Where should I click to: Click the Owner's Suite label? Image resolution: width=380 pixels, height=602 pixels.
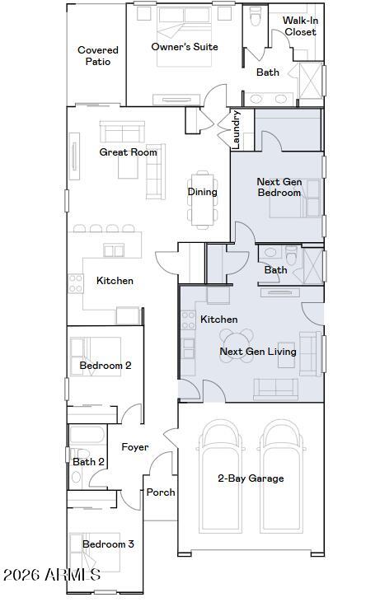185,47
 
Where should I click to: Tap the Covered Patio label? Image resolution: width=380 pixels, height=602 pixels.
98,56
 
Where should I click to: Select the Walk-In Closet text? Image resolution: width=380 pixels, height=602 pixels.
301,26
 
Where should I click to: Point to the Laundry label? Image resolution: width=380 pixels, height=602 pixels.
236,130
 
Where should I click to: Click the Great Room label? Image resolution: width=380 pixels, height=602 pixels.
128,152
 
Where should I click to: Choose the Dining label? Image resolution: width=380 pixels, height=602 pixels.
203,192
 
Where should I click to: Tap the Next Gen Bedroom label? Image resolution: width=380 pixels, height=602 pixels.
279,187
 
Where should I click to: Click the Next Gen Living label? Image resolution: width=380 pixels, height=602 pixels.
258,352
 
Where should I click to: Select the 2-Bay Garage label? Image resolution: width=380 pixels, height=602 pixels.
251,478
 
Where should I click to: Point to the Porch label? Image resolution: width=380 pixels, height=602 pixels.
161,492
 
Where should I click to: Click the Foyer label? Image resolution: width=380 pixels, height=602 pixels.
135,447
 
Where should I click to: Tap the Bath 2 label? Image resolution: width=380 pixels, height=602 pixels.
88,461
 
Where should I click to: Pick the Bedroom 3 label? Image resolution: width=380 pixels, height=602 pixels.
108,544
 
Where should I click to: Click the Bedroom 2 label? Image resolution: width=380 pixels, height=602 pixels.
106,365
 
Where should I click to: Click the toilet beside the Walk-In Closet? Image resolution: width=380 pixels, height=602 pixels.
256,16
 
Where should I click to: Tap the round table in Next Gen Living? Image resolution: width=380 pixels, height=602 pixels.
237,346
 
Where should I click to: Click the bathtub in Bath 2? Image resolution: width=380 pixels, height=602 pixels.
87,435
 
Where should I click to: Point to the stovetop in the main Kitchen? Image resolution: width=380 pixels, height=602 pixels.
76,283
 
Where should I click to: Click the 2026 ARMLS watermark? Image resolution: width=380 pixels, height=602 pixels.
52,575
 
